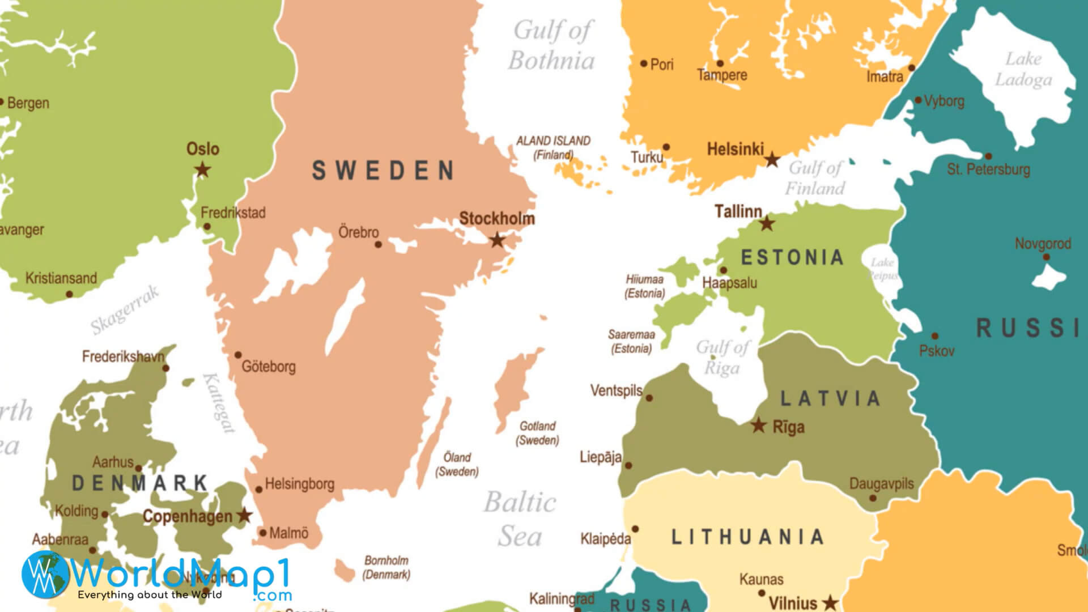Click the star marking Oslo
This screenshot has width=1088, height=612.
(202, 169)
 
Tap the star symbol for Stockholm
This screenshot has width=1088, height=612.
(497, 240)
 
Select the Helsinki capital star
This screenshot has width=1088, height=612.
(772, 160)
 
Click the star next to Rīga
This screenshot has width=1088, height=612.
(758, 425)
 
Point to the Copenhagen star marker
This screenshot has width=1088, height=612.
(244, 515)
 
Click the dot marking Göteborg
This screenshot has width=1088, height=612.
(238, 355)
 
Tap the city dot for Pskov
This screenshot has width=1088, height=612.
(934, 336)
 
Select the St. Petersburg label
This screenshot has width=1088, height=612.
(988, 169)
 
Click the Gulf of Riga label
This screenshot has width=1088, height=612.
(722, 358)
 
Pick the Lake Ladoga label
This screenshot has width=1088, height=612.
(1023, 69)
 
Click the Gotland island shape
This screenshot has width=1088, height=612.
(513, 388)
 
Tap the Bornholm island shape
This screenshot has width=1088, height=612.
(344, 570)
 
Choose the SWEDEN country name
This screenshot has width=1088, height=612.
(383, 171)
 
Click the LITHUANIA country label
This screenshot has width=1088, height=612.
(747, 537)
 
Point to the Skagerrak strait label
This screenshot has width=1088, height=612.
(125, 311)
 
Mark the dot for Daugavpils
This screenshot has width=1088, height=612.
(873, 498)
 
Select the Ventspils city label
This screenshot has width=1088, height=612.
(616, 390)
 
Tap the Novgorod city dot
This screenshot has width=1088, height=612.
(1046, 257)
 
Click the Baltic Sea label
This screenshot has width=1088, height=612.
(520, 519)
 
